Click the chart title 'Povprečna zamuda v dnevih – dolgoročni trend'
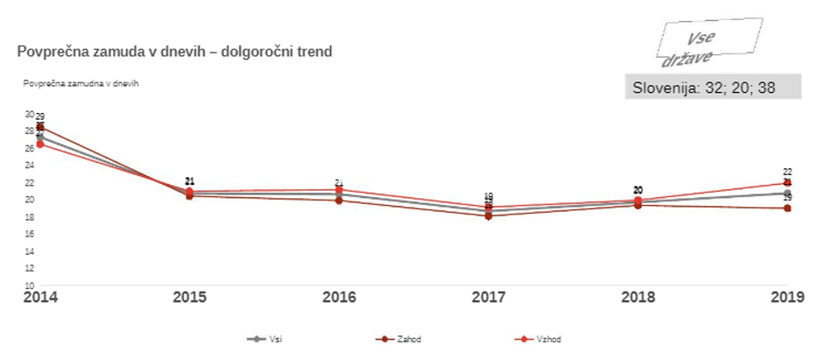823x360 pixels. click(x=174, y=52)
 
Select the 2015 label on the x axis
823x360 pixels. click(x=189, y=298)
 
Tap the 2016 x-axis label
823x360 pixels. click(x=339, y=298)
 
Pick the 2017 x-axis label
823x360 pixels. click(x=489, y=298)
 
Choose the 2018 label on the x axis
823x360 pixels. click(x=638, y=298)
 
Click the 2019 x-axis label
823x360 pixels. click(x=787, y=298)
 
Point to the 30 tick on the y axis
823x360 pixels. click(x=29, y=114)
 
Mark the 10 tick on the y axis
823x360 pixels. click(x=29, y=286)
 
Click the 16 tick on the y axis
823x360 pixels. click(x=29, y=234)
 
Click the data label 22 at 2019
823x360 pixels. click(x=787, y=173)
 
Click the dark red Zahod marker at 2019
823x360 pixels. click(x=787, y=208)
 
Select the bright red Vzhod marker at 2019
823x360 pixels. click(x=787, y=183)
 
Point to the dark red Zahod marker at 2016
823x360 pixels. click(x=339, y=200)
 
